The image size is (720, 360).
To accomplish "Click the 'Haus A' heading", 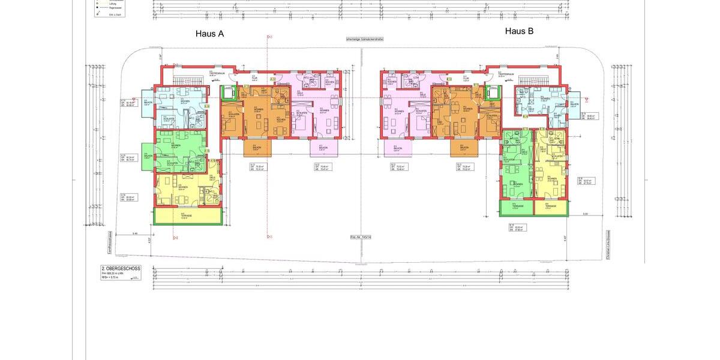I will click(x=209, y=34).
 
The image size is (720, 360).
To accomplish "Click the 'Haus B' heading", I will click(x=519, y=31).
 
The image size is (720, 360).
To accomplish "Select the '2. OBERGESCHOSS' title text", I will click(x=121, y=269).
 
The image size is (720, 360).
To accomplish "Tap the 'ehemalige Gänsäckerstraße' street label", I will click(x=364, y=39).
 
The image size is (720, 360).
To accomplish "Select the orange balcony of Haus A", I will click(x=257, y=148).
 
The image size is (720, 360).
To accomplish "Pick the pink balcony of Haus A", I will click(x=323, y=148).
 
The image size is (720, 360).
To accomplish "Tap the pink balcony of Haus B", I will click(x=398, y=148).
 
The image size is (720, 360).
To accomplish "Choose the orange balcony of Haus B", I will click(x=464, y=148).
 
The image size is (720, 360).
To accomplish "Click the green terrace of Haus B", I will click(x=516, y=208).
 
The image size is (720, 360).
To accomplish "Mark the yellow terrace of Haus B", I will click(x=551, y=208).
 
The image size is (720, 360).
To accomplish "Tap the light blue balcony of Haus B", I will click(x=575, y=104).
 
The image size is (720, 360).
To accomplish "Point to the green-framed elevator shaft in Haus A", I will click(x=227, y=94).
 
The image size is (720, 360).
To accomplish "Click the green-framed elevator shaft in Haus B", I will click(x=493, y=93).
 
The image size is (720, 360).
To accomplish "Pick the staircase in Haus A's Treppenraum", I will click(x=187, y=80).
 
